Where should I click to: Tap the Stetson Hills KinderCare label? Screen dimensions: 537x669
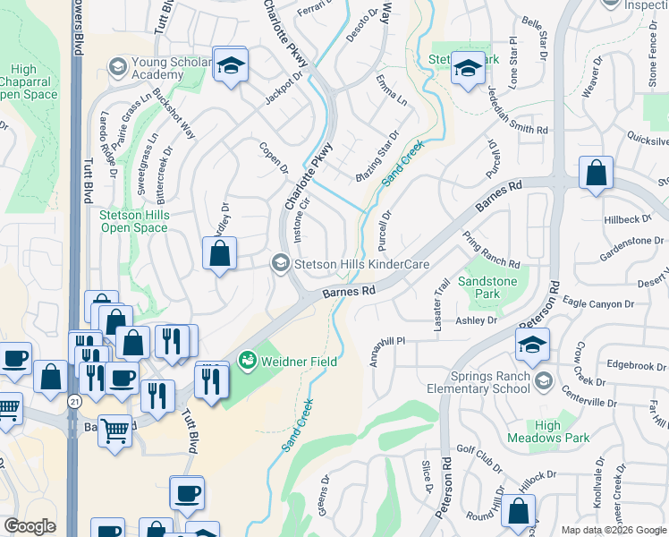click(362, 264)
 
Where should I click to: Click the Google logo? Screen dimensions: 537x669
click(30, 526)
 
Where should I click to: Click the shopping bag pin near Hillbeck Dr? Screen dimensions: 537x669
click(596, 174)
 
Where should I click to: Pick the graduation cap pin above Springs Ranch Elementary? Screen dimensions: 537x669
click(531, 345)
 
